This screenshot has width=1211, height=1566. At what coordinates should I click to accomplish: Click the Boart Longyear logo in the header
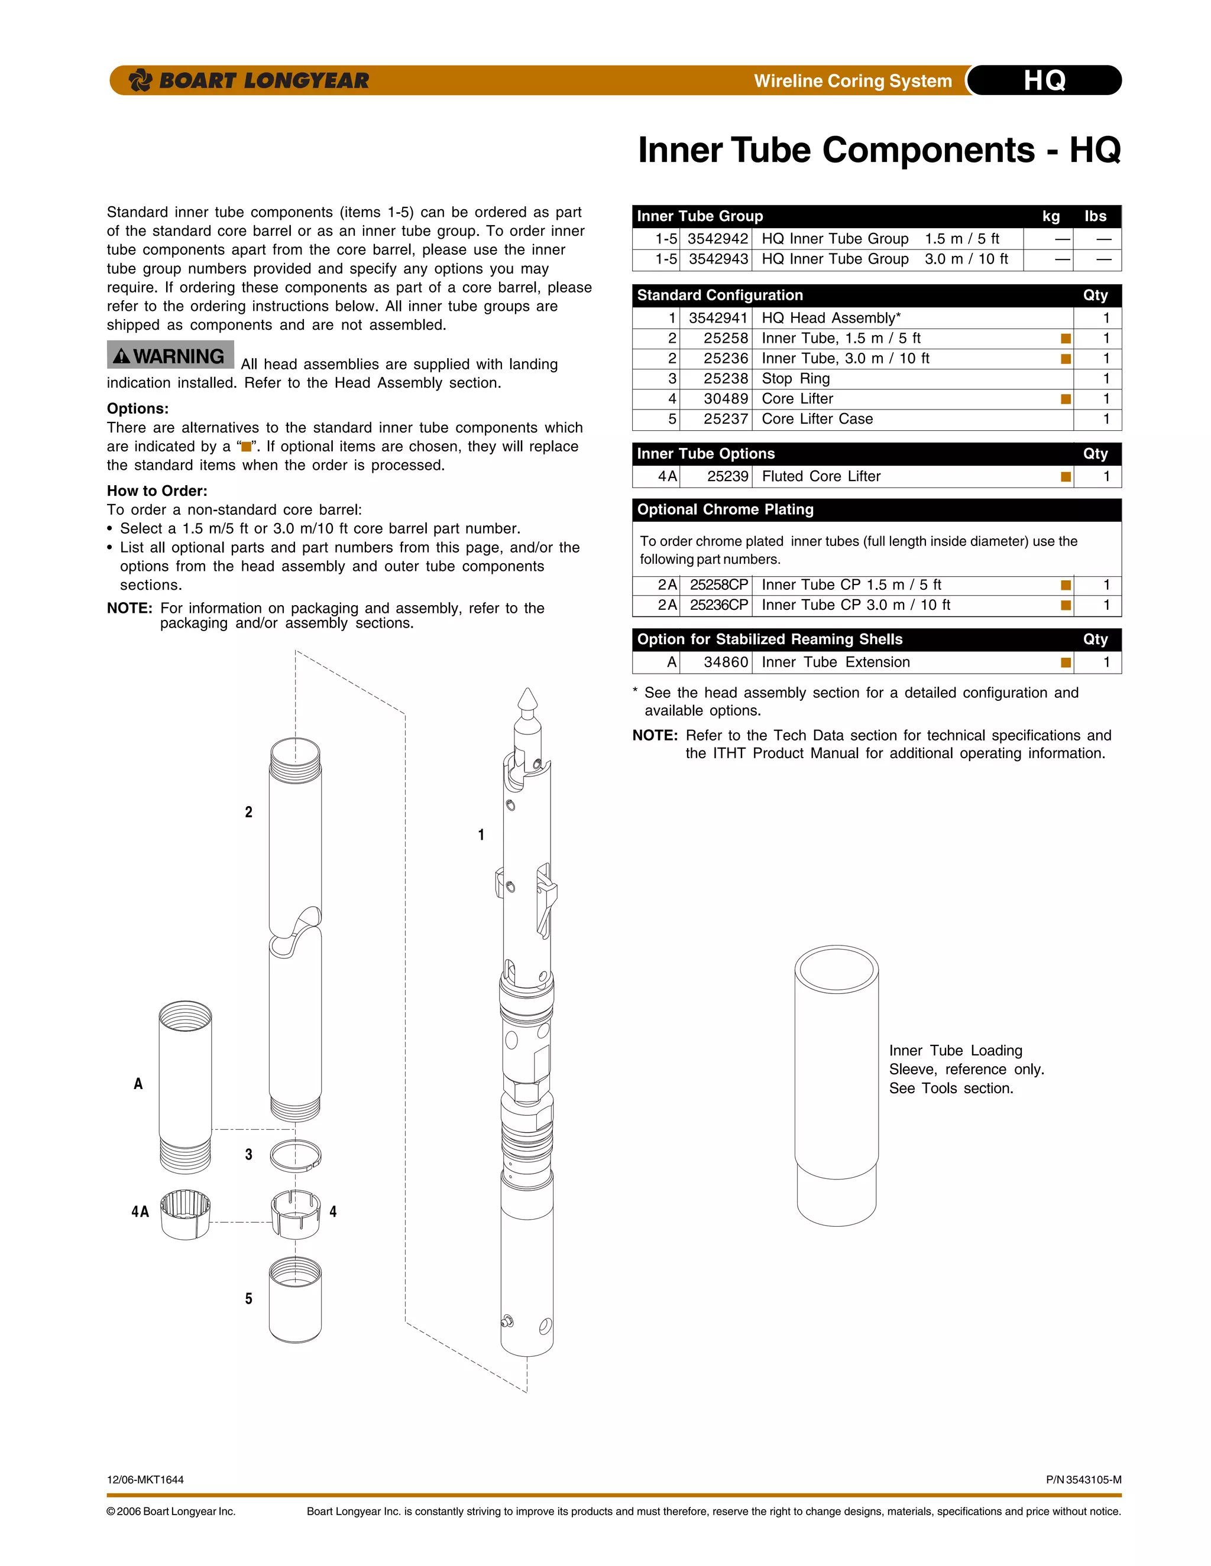[248, 80]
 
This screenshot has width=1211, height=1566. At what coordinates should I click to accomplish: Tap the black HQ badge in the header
[1045, 80]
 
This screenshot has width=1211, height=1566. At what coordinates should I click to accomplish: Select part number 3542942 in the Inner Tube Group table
[717, 239]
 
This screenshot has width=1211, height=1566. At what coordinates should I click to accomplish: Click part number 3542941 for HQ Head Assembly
[717, 318]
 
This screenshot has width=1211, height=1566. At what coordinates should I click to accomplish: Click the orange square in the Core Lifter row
[1066, 399]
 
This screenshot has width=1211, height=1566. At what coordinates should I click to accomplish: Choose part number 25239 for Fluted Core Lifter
[727, 476]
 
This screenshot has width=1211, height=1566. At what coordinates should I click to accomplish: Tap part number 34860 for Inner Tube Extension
[726, 662]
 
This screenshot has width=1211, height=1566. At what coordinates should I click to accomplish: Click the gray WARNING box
[171, 356]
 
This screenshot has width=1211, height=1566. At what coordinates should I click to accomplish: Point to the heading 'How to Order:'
[157, 490]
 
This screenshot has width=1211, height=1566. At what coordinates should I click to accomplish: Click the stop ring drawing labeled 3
[296, 1155]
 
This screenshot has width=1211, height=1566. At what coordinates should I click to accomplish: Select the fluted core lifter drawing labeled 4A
[185, 1214]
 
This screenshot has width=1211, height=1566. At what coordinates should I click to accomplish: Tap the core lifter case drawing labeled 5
[295, 1299]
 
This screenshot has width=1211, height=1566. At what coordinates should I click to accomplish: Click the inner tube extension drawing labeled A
[185, 1086]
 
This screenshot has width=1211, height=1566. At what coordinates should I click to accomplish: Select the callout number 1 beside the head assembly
[481, 834]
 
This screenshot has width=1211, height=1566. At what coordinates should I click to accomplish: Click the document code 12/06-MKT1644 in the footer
[145, 1479]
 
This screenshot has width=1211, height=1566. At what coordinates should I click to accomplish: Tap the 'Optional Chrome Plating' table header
[726, 510]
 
